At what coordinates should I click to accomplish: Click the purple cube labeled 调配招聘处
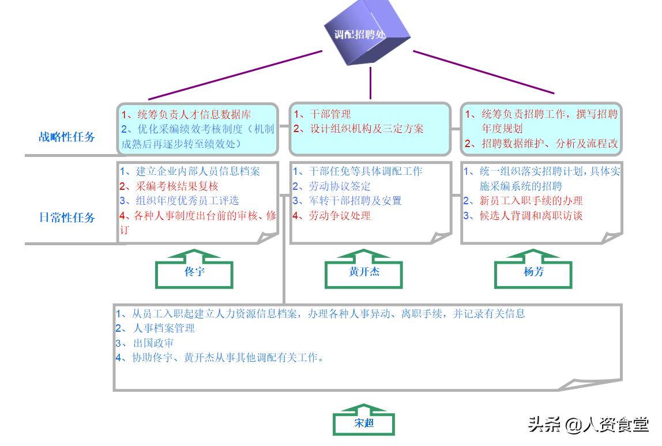(370, 33)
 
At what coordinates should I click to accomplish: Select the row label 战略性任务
(67, 137)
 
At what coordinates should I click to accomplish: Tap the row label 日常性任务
(67, 218)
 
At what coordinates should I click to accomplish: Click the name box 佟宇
(194, 272)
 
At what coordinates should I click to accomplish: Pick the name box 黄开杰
(364, 272)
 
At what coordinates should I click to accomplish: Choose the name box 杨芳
(533, 272)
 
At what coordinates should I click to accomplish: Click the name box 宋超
(364, 423)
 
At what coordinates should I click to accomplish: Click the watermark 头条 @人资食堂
(588, 424)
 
